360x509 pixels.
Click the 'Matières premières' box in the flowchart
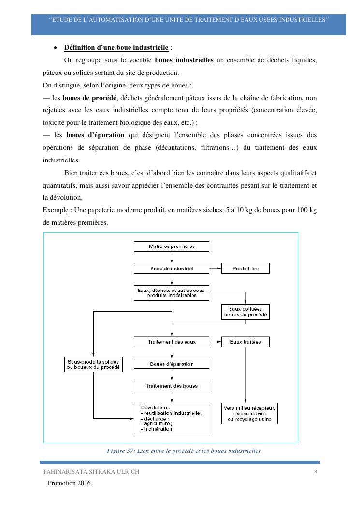[x=171, y=247]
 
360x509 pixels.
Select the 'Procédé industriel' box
[x=171, y=268]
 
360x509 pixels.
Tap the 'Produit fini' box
[x=245, y=268]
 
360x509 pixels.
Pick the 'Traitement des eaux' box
[x=171, y=342]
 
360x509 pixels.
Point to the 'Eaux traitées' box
[x=245, y=342]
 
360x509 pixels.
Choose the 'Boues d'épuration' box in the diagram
[x=171, y=364]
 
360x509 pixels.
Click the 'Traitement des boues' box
[x=171, y=386]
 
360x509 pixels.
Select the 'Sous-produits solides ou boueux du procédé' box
[x=93, y=364]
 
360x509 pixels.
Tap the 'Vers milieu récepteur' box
[x=249, y=414]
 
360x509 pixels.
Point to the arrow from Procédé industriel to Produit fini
[x=215, y=268]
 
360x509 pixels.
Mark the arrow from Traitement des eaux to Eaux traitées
[x=215, y=342]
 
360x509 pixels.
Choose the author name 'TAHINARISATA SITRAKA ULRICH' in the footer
[x=91, y=472]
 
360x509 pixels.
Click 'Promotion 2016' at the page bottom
[x=69, y=483]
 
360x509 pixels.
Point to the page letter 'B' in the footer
[x=315, y=471]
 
